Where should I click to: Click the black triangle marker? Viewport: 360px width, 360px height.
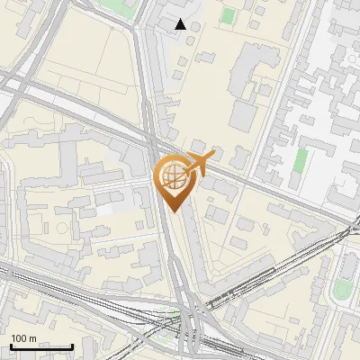pos(182,24)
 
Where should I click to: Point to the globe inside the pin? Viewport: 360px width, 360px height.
pos(175,177)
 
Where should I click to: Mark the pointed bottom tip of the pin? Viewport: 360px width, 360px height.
pos(174,212)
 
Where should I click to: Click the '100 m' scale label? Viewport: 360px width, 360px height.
pos(24,338)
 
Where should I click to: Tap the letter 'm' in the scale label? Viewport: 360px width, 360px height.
pos(32,338)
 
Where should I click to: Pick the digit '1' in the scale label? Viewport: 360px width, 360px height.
pos(13,338)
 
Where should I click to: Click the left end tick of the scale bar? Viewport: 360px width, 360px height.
pos(10,346)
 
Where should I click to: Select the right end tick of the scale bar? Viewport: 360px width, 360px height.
pos(72,346)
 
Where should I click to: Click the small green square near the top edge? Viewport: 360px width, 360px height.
pos(229,16)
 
